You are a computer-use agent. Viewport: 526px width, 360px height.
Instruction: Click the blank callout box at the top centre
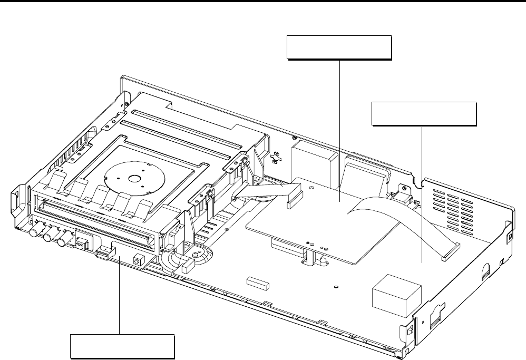[x=339, y=48]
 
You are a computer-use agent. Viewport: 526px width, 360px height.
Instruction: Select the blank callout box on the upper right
[x=424, y=114]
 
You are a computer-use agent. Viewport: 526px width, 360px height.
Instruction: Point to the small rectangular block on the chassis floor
[x=258, y=283]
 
